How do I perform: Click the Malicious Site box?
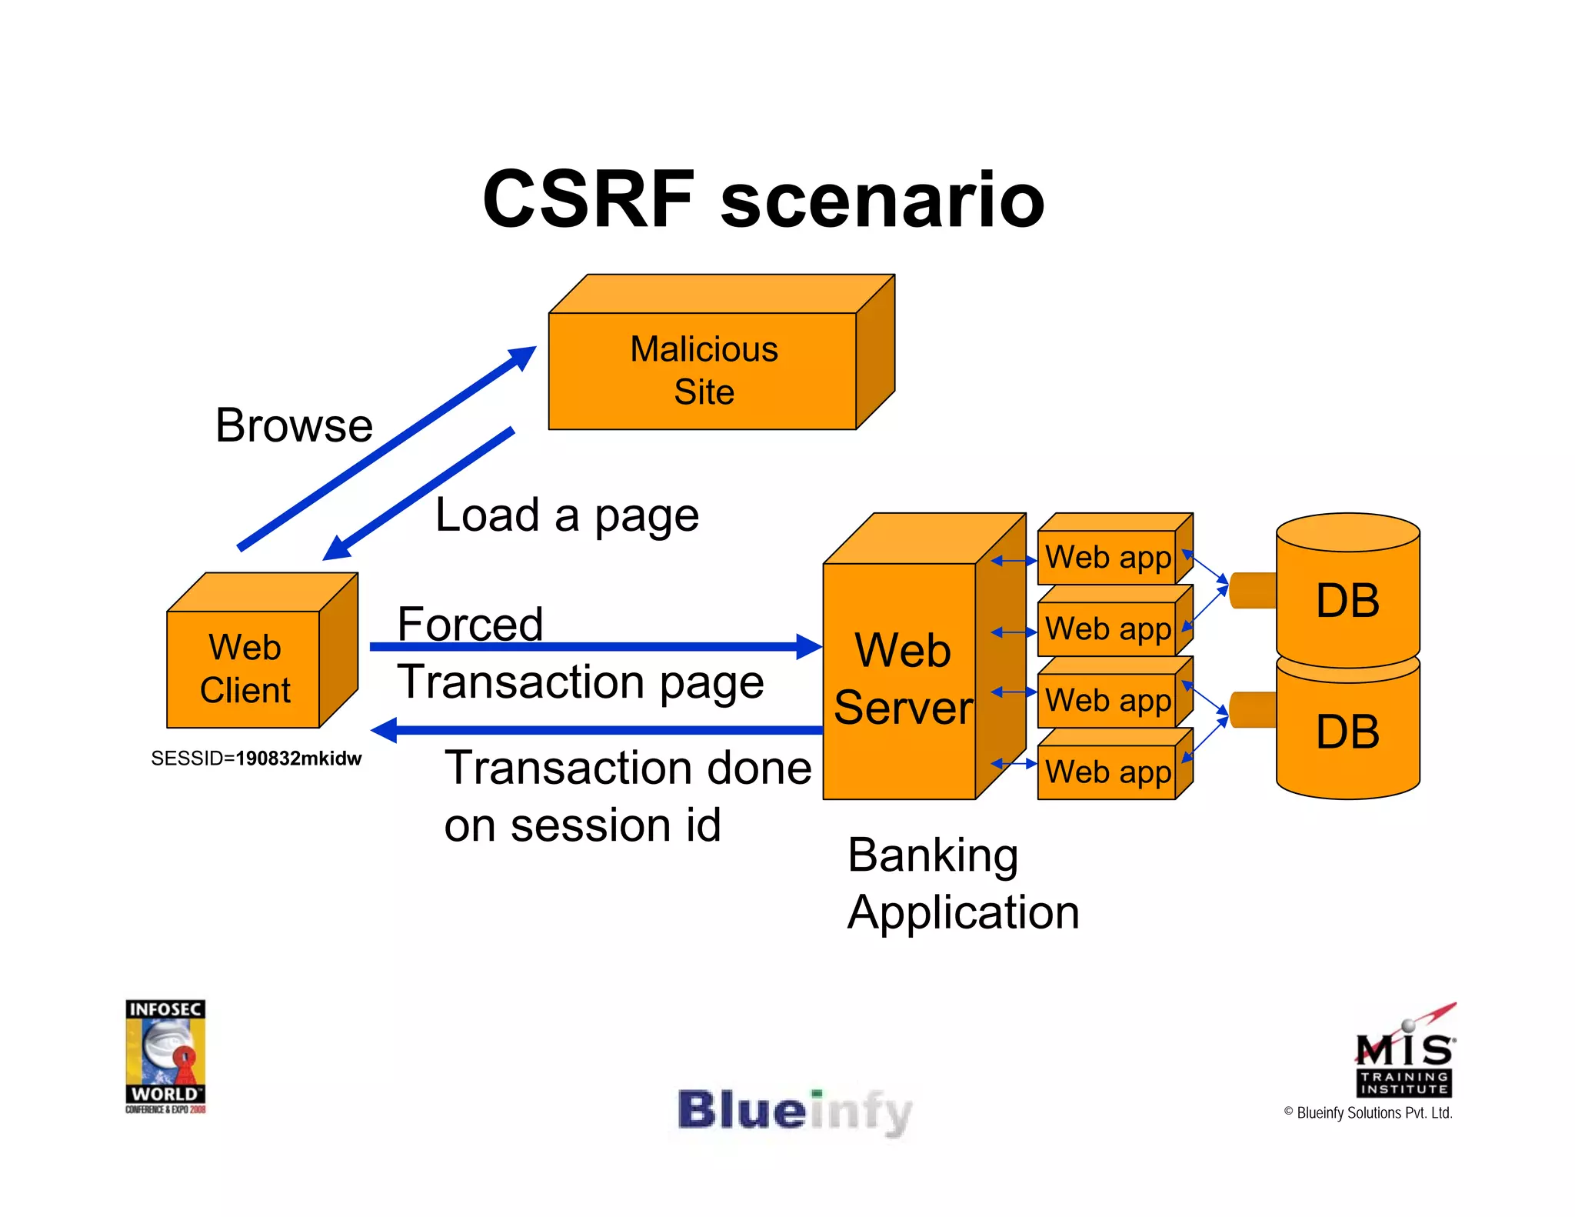703,370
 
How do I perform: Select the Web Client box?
244,669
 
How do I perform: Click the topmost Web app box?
1107,557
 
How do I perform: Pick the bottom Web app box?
1107,772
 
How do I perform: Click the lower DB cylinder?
1347,731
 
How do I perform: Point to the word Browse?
294,425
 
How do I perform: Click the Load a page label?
567,515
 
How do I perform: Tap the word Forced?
470,623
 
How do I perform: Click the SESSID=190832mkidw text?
256,759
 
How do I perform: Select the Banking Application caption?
963,883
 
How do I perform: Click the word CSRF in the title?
588,200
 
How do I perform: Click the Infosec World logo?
165,1055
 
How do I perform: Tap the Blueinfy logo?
794,1112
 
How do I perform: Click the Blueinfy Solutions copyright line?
1368,1113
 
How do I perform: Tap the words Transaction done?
628,768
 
